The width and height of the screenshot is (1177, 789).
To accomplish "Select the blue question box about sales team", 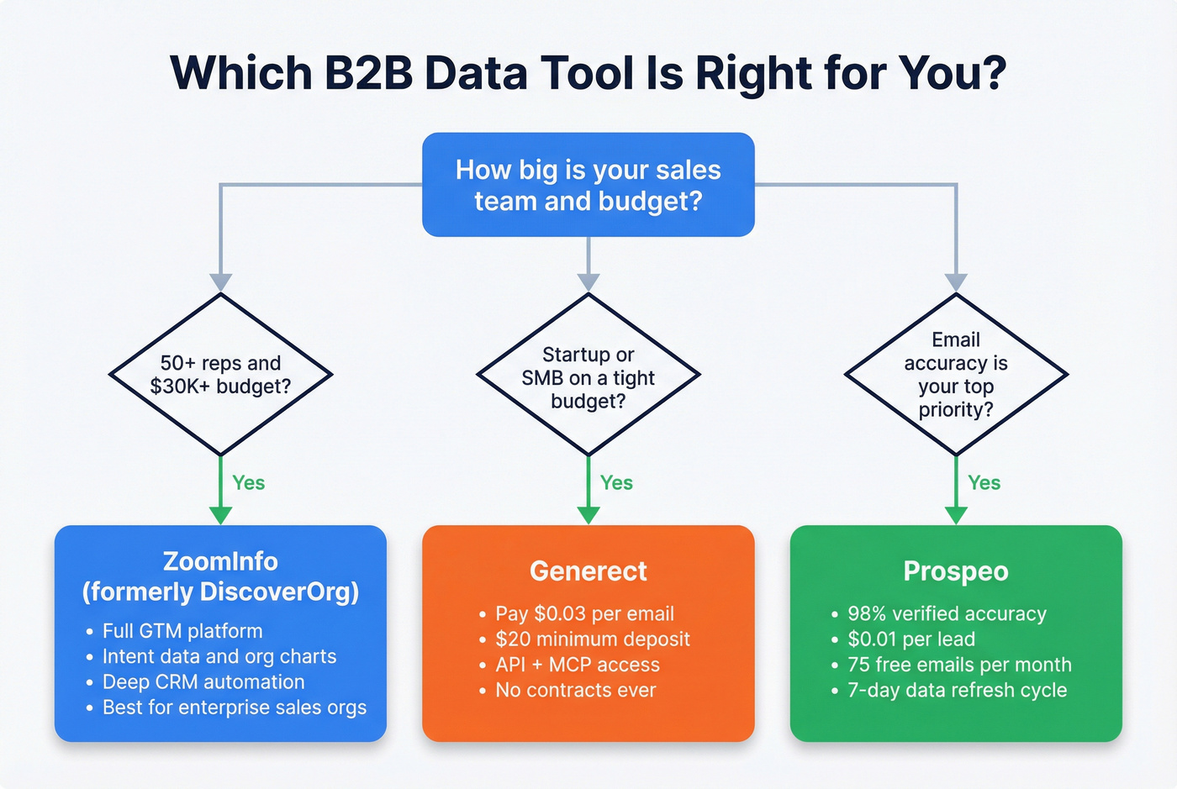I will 588,185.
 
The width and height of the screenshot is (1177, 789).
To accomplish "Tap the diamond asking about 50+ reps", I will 220,375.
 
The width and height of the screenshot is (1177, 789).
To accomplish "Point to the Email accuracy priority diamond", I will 956,375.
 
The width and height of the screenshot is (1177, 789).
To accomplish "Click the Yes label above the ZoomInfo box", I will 249,483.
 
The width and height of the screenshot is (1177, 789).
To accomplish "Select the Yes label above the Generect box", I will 616,483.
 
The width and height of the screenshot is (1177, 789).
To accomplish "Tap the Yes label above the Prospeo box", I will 984,483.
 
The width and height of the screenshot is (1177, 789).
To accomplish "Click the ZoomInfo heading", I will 220,561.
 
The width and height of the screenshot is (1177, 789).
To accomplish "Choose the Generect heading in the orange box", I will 588,571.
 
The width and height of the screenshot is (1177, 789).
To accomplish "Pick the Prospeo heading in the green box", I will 956,571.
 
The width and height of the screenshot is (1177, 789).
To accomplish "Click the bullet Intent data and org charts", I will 219,656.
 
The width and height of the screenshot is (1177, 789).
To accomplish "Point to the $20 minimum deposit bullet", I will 592,639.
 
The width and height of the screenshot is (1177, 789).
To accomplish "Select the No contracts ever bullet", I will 575,691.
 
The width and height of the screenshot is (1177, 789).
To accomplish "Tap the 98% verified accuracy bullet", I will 947,614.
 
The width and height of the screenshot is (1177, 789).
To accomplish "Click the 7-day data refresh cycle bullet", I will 957,691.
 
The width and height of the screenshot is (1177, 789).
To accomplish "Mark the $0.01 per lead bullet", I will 911,639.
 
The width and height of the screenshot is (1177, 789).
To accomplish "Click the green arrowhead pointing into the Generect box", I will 588,515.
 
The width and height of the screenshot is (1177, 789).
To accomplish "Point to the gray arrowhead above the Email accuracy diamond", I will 956,282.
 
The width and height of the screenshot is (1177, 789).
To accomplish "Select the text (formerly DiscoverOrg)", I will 220,592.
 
